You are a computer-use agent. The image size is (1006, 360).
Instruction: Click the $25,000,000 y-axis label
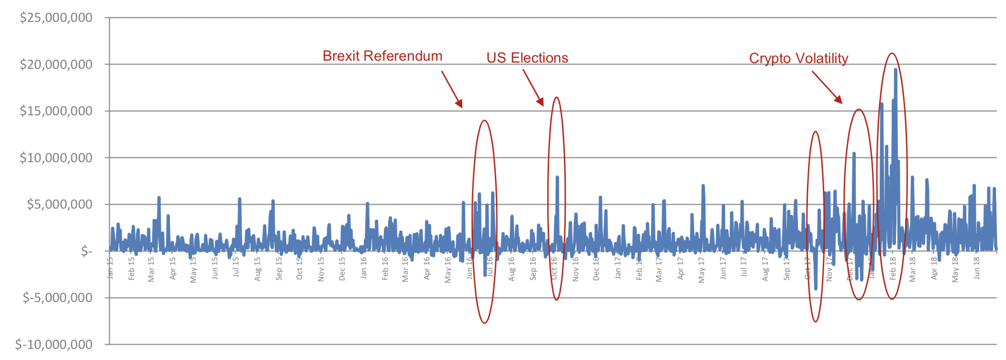click(x=56, y=18)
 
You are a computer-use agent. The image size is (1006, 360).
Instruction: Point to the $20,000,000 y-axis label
click(x=56, y=65)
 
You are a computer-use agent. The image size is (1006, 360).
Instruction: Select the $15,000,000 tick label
click(x=56, y=111)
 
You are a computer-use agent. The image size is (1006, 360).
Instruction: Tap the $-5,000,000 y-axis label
click(x=57, y=298)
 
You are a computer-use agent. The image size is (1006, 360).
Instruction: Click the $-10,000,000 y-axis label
click(x=54, y=345)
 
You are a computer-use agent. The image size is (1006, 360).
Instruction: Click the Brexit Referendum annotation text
click(x=382, y=56)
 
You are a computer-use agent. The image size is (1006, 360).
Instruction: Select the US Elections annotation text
click(x=527, y=58)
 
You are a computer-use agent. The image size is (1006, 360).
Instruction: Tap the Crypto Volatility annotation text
click(x=798, y=58)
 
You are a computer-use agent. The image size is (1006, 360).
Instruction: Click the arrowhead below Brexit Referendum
click(x=459, y=103)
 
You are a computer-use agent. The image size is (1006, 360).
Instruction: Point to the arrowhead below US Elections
click(x=541, y=102)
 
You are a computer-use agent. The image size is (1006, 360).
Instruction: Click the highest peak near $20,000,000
click(x=895, y=70)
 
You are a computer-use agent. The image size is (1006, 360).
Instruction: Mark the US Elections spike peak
click(x=557, y=177)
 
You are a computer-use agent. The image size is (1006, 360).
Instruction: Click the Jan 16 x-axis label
click(x=364, y=268)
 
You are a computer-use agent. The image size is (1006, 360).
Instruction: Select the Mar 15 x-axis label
click(x=151, y=269)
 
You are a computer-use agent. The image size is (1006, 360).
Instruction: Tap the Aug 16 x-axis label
click(x=512, y=269)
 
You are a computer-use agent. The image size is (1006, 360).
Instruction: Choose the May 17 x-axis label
click(x=702, y=270)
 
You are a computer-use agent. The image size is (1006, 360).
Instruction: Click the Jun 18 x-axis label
click(x=976, y=268)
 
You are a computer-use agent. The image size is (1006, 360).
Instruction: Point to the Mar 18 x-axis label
click(x=913, y=269)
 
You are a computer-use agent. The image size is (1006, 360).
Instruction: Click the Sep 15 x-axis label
click(x=279, y=269)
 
